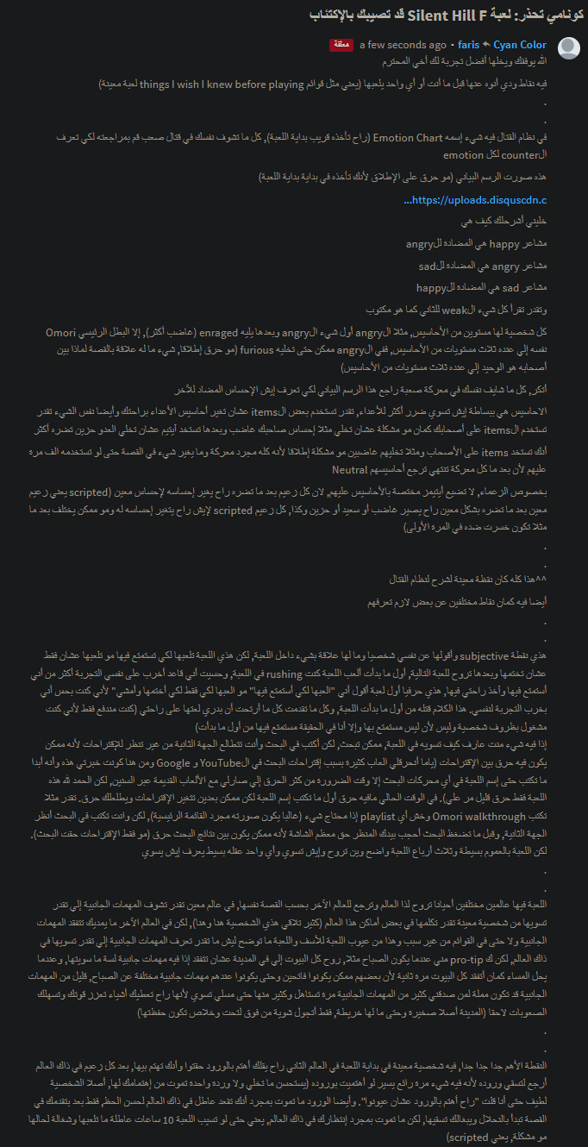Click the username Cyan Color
[x=520, y=45]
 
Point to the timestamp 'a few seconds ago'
[x=403, y=45]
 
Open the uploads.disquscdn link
[x=475, y=201]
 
